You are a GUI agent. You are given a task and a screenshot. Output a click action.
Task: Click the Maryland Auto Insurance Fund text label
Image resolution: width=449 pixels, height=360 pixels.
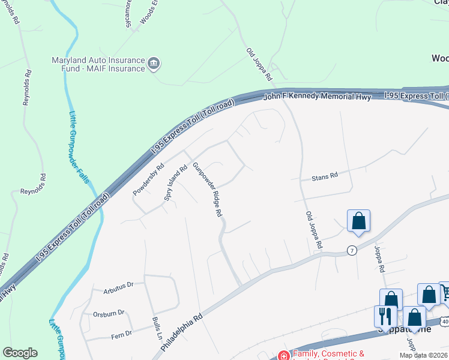coord(98,64)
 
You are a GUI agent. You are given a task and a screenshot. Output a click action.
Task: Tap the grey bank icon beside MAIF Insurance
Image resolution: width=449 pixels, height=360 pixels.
coord(154,64)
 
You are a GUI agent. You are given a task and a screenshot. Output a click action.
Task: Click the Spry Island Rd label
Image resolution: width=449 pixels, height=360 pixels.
coord(176,183)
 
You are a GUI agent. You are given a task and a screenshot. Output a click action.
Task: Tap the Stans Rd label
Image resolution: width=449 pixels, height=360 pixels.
coord(325,176)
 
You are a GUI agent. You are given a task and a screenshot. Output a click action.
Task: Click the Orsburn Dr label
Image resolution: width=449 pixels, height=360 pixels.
coord(109,313)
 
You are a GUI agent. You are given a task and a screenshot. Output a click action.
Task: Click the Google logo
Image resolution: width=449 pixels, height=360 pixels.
coord(20,353)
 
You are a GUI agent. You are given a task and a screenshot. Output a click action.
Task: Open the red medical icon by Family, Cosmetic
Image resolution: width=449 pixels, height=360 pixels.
coord(284,355)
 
